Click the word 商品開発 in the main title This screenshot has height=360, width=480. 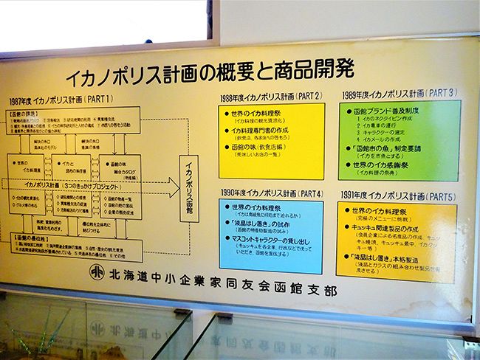click(315, 71)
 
